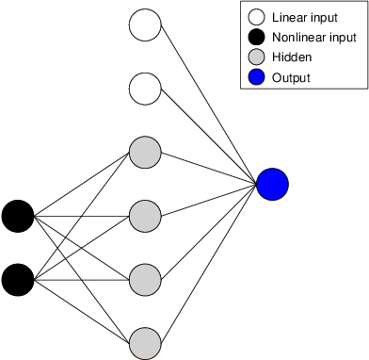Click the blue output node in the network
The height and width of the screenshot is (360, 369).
pos(272,184)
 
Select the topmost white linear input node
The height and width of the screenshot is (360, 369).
pos(145,25)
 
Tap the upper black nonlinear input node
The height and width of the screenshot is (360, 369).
pos(17,216)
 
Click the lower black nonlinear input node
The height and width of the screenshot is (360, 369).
pos(17,279)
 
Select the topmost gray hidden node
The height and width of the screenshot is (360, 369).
pos(145,152)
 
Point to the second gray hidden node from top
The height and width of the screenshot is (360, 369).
pos(145,216)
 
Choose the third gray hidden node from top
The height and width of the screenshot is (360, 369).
pos(145,279)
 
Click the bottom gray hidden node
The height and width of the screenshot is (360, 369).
pos(145,342)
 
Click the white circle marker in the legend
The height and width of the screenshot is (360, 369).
pos(255,17)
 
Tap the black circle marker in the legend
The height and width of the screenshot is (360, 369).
pos(255,38)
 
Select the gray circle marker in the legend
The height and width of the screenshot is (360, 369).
pos(255,57)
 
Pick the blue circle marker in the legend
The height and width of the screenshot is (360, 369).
pos(255,77)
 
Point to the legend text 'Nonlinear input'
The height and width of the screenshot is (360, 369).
pos(313,38)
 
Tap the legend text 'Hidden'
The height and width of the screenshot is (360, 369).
pos(292,57)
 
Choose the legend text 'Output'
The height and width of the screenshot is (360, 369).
pos(291,77)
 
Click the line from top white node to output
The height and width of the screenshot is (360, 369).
pos(209,105)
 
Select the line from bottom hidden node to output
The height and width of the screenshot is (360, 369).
pos(209,263)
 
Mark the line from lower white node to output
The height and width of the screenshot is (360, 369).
pos(209,137)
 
